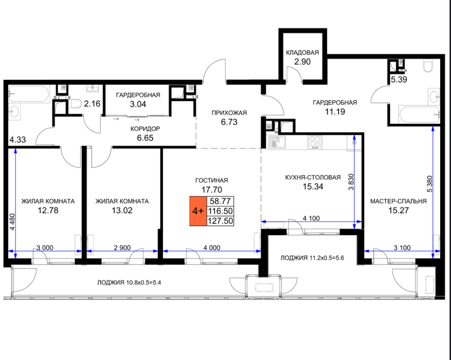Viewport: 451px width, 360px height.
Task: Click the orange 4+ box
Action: point(198,211)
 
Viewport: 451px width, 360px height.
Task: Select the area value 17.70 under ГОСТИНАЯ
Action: point(212,189)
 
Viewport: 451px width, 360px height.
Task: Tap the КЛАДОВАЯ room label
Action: point(302,52)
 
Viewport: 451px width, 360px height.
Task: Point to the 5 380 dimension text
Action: point(430,184)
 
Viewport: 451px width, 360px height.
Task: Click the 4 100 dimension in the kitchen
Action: point(311,218)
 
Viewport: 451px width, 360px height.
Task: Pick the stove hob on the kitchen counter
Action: point(315,142)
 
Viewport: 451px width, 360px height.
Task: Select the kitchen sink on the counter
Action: point(277,143)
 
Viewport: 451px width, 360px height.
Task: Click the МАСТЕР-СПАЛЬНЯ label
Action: point(399,201)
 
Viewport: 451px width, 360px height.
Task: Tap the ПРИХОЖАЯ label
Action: point(229,113)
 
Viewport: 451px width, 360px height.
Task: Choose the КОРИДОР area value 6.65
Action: point(145,138)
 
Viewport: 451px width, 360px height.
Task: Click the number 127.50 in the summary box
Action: point(221,221)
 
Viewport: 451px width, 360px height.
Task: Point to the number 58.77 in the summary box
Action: point(221,201)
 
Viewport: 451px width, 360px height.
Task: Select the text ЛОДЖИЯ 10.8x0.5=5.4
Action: point(129,283)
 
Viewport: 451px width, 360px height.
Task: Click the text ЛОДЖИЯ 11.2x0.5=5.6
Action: point(312,257)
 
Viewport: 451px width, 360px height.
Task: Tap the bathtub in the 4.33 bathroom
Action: point(29,94)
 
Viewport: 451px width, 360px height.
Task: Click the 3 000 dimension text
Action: point(45,248)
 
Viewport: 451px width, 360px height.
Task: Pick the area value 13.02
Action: point(122,210)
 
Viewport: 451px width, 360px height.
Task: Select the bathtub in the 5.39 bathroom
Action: point(419,114)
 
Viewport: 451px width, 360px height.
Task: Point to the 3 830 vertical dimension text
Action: point(351,182)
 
